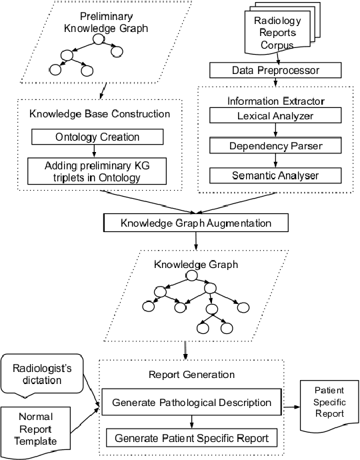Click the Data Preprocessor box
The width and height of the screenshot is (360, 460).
click(x=275, y=71)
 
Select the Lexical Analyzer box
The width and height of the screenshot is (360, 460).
click(x=275, y=115)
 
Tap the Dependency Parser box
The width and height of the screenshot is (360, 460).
click(x=275, y=145)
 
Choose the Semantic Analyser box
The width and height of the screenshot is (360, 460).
click(x=275, y=175)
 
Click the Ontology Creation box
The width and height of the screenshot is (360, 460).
click(x=97, y=137)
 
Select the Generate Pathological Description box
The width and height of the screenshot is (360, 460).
click(x=191, y=403)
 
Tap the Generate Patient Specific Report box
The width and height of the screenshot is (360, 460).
click(x=191, y=438)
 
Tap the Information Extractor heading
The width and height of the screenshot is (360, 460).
click(x=275, y=101)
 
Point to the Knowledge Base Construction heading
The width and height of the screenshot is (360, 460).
click(x=99, y=114)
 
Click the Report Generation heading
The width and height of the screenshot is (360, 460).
click(x=191, y=374)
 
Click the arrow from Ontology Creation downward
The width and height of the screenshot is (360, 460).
click(x=97, y=151)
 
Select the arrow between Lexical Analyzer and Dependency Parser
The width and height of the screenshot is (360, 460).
click(x=275, y=130)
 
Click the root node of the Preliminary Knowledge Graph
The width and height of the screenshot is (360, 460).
click(x=99, y=40)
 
